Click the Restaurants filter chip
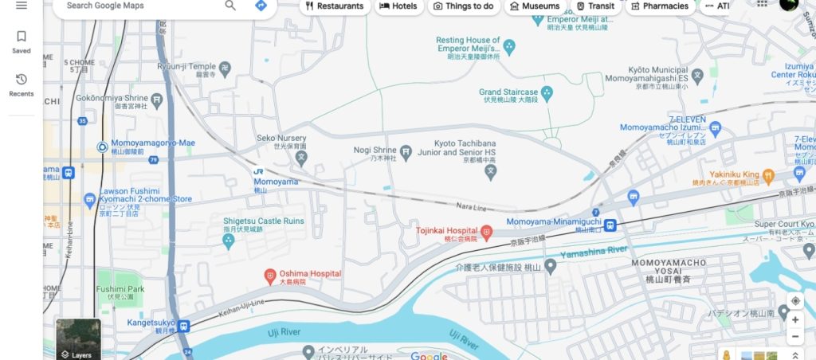point(334,6)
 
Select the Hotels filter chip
point(398,6)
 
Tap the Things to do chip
point(463,6)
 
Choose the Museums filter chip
point(534,6)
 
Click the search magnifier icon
point(230,6)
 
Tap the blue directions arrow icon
point(261,6)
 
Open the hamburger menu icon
point(22,6)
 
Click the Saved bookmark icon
point(22,37)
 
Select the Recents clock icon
point(22,80)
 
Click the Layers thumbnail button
point(78,339)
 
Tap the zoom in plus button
point(794,319)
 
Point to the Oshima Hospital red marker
point(270,276)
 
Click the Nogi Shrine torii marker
point(406,151)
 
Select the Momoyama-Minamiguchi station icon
point(610,225)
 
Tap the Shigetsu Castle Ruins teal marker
point(229,241)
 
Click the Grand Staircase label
point(508,92)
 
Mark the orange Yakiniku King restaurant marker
point(768,174)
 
